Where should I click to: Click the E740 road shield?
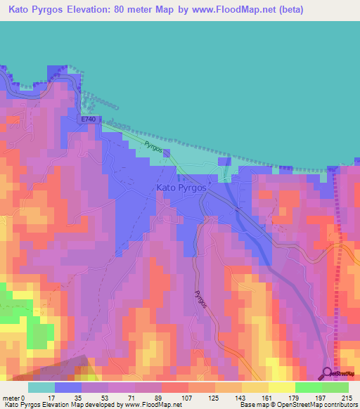88,120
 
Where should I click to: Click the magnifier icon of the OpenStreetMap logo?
328,373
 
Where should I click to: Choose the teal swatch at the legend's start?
41,387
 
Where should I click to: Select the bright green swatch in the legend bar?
308,387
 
